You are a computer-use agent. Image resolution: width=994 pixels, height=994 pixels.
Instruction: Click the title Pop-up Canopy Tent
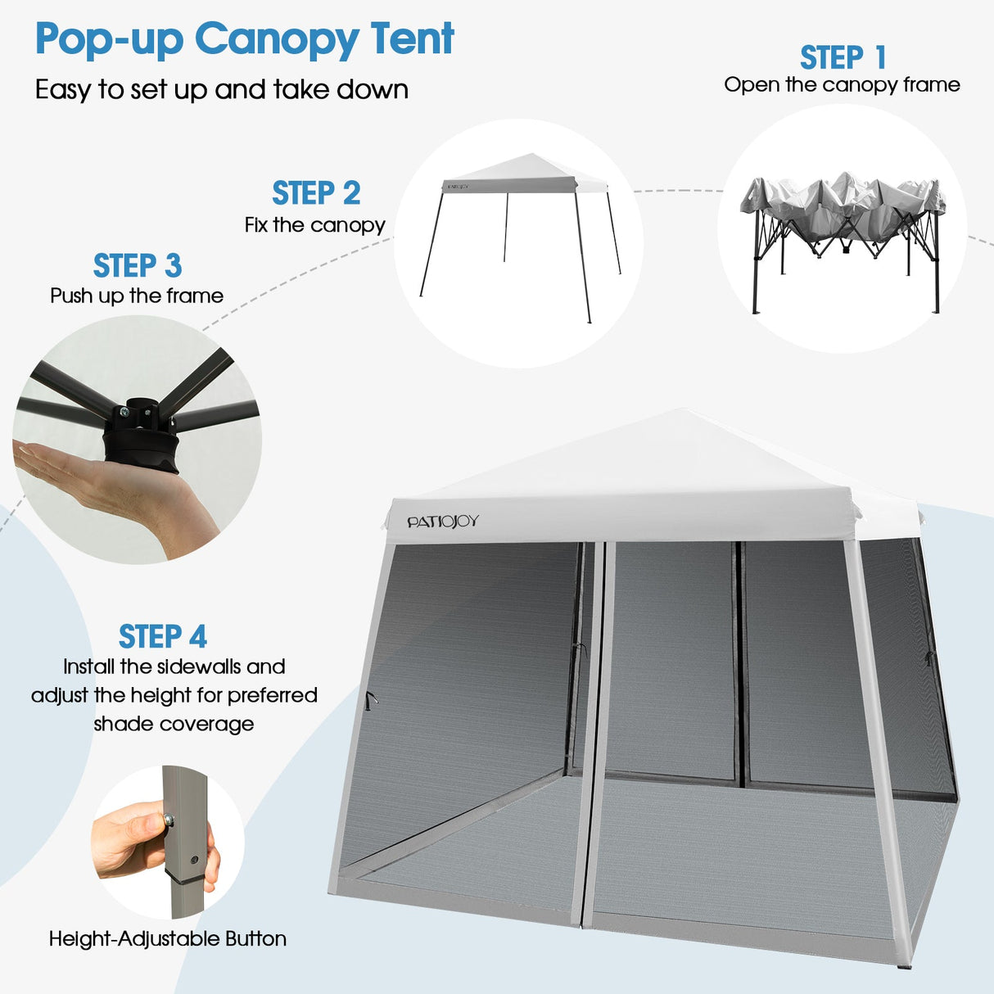[244, 39]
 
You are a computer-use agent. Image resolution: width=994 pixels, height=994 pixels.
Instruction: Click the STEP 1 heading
[843, 58]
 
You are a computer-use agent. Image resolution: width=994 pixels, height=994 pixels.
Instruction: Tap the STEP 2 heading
[316, 194]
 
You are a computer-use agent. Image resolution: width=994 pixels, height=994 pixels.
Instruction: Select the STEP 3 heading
[137, 266]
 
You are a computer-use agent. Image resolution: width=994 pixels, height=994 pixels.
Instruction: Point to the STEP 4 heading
[163, 637]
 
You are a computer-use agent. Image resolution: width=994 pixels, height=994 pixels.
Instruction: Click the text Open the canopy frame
[842, 85]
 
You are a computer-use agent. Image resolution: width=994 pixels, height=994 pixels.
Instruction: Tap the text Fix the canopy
[314, 225]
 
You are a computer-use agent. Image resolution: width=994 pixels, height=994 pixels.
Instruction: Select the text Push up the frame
[137, 296]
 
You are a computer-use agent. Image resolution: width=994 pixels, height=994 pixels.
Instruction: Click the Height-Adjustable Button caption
[168, 939]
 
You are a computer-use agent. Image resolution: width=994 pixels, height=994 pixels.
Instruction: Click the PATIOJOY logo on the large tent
[443, 522]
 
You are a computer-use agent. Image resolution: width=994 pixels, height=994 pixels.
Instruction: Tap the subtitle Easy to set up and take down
[221, 89]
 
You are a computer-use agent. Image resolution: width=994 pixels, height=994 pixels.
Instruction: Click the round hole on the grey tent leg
[194, 861]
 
